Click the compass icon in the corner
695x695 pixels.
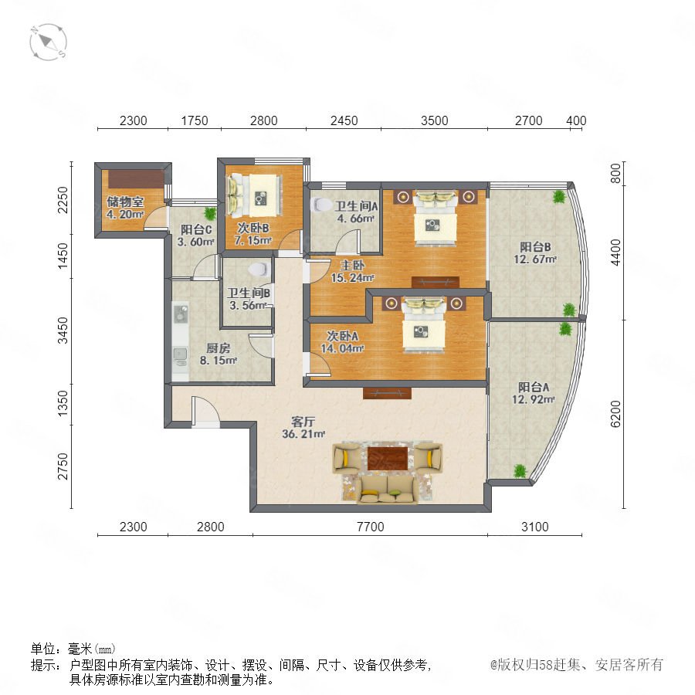tap(49, 42)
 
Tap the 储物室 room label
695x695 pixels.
tap(125, 202)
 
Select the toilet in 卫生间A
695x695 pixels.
tap(322, 205)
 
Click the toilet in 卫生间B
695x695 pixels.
tap(259, 269)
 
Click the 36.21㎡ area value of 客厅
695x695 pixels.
tap(303, 434)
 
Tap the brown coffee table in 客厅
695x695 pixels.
tap(388, 458)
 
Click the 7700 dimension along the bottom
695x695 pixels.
tap(370, 527)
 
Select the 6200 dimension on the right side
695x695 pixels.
tap(615, 414)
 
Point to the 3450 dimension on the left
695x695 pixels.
tap(63, 331)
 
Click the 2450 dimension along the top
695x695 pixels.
tap(344, 120)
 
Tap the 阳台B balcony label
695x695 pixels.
tap(535, 246)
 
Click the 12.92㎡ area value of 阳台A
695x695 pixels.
tap(533, 399)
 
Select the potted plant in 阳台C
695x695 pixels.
tap(210, 214)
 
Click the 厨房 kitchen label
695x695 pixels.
tap(218, 348)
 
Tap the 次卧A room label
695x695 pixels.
tap(342, 336)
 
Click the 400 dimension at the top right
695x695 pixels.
tap(576, 120)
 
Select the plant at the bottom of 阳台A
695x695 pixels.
tap(520, 470)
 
